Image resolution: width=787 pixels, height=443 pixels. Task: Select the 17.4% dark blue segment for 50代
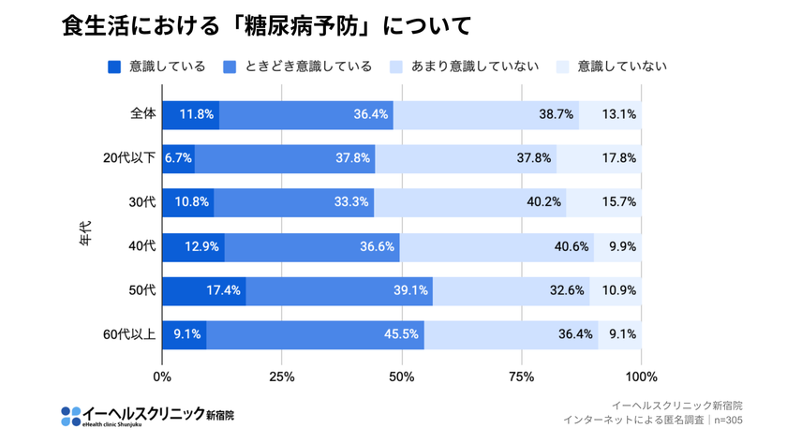[x=224, y=290]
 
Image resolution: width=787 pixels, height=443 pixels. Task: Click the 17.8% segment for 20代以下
[x=619, y=158]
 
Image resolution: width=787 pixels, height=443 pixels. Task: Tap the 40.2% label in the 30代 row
[x=543, y=202]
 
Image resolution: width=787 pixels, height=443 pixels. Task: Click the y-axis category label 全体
[x=142, y=114]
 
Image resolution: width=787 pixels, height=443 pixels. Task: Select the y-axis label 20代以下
[x=129, y=158]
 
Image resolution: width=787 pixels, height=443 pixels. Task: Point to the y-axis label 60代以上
[x=129, y=334]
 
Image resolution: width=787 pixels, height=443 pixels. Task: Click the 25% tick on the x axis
[x=282, y=377]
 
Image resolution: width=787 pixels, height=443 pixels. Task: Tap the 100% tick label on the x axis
[x=641, y=377]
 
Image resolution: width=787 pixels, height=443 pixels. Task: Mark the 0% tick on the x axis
[x=162, y=377]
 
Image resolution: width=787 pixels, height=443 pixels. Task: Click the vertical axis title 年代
[x=85, y=233]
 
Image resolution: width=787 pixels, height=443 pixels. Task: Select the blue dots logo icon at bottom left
[x=70, y=415]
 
